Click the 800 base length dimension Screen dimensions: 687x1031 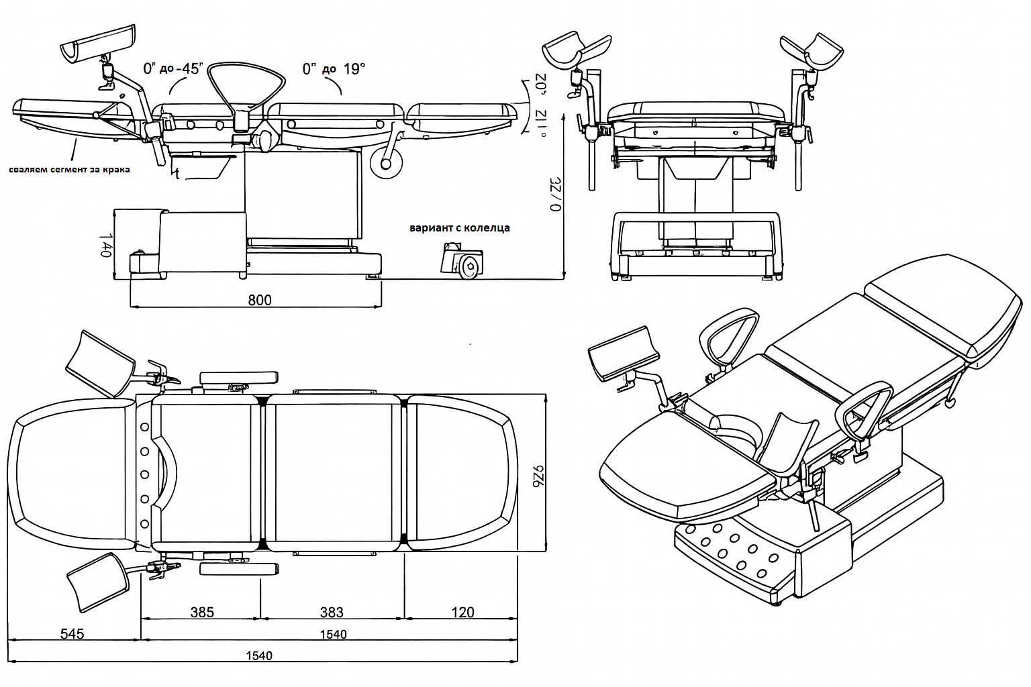260,300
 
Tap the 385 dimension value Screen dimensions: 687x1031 202,612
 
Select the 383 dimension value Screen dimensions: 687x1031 332,612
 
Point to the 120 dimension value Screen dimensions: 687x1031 462,612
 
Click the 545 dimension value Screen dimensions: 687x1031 72,633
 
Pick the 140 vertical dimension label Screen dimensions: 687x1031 106,246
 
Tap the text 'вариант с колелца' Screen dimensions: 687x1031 460,228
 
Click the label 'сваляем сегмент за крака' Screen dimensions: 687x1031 70,170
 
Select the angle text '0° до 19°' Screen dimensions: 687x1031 334,68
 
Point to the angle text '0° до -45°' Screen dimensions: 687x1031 173,68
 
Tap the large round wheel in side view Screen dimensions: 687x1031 386,163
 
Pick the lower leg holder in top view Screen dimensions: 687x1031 98,581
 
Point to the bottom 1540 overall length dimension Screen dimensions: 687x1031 259,655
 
